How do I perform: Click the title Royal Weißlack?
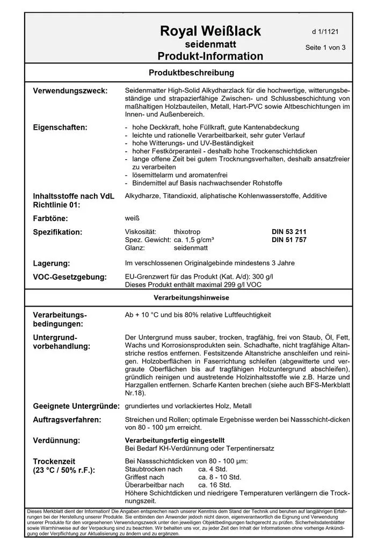[210, 31]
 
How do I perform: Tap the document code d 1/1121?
[325, 32]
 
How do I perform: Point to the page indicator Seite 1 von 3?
[325, 47]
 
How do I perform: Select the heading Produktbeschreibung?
[191, 72]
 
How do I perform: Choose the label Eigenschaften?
[60, 128]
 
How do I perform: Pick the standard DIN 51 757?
[289, 240]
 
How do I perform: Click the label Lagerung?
[52, 264]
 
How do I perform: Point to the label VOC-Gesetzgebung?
[70, 278]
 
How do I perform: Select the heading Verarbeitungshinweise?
[191, 298]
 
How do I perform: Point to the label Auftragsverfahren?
[68, 420]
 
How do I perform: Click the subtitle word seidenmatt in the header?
[210, 44]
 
